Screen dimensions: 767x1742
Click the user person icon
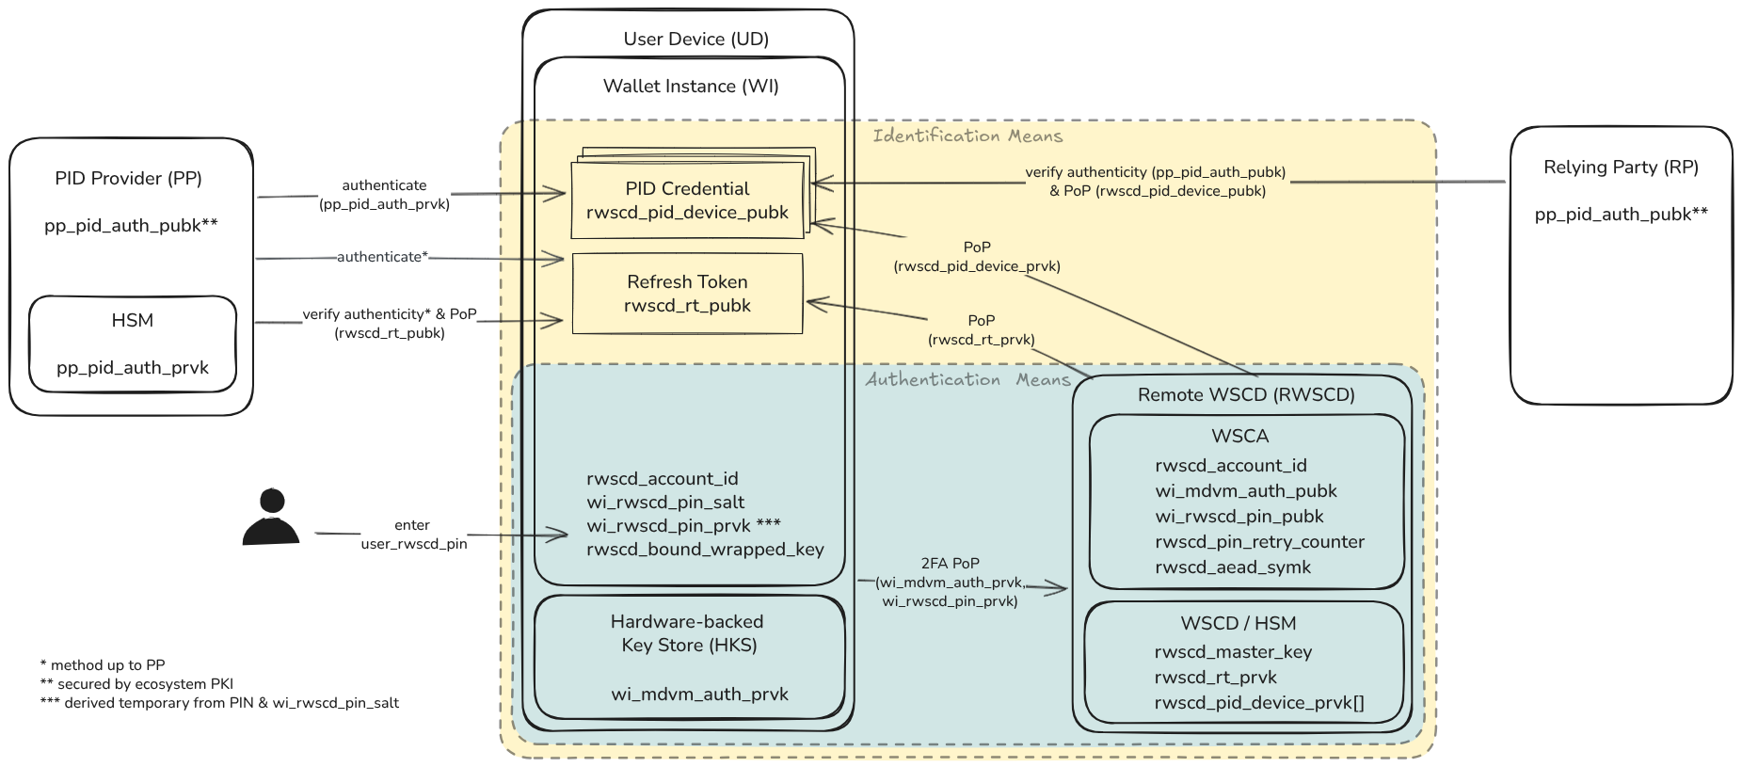271,518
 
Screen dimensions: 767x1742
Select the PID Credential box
687,200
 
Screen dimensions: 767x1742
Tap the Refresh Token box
687,294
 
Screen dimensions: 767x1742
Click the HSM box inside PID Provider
133,344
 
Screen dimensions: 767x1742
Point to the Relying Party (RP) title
1621,168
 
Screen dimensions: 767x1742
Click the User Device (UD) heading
695,40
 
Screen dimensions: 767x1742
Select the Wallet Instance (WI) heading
691,87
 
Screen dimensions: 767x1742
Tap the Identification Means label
967,136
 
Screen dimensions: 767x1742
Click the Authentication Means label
967,380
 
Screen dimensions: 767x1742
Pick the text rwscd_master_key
1233,652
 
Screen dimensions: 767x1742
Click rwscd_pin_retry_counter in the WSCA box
1259,542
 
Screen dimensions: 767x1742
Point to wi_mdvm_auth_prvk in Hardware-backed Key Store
699,695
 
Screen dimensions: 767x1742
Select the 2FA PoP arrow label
950,582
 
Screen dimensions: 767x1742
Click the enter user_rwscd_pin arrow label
413,535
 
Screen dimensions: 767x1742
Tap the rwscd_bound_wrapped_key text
705,550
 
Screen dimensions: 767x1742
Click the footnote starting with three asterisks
219,703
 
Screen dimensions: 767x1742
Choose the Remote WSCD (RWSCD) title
1246,395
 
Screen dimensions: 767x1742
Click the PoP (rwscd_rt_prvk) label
981,330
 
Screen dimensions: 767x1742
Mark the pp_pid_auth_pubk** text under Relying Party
1621,215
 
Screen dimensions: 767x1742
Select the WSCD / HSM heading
1238,624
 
